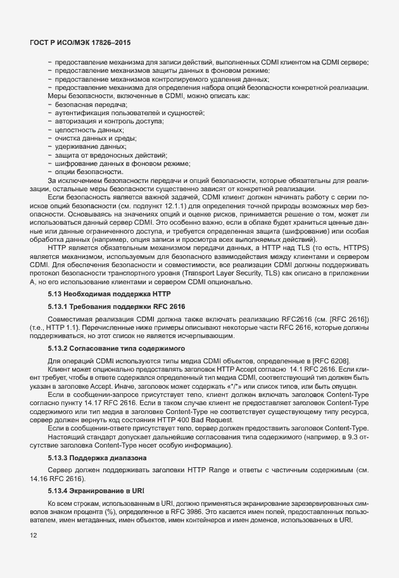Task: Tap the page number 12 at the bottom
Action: coord(33,536)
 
